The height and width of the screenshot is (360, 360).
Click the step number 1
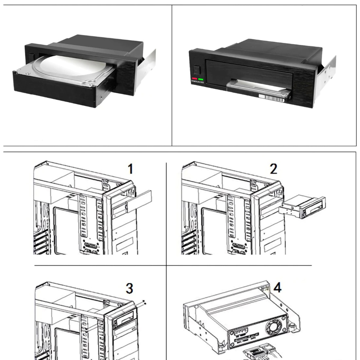[x=130, y=169]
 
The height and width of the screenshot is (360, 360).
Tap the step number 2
[x=273, y=169]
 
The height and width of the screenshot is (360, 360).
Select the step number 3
[x=130, y=288]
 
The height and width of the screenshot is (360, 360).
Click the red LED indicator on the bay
[x=194, y=79]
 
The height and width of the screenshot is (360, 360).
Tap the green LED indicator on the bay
[x=201, y=79]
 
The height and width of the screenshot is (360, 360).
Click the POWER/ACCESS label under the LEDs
[x=198, y=82]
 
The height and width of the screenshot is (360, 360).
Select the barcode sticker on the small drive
[x=271, y=97]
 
